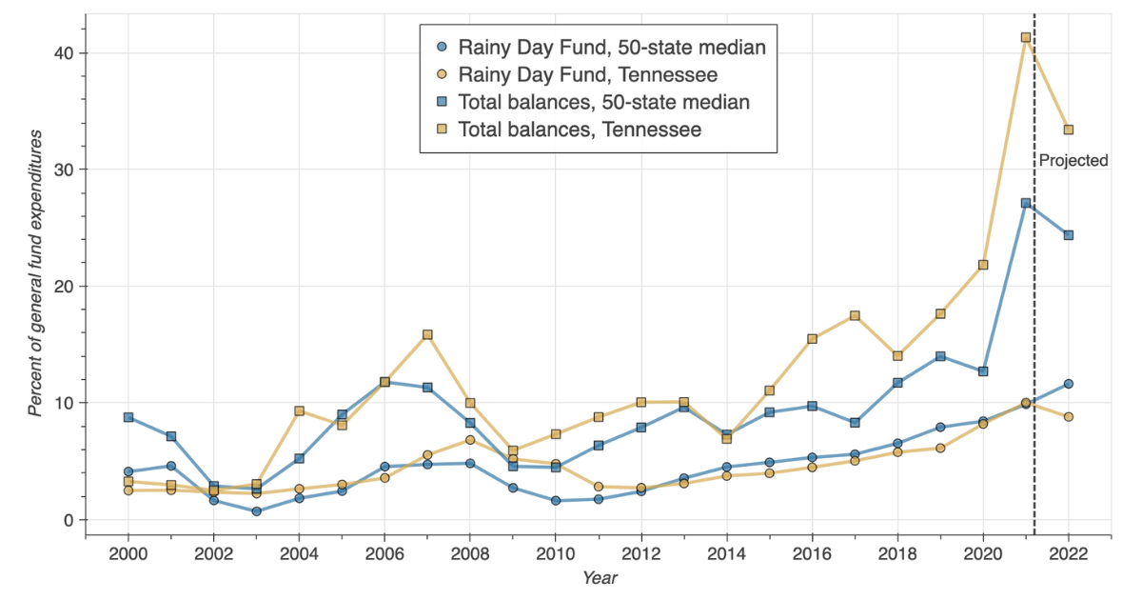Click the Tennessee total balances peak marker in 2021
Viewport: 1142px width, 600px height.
[1026, 38]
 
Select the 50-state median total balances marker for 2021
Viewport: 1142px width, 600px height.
[1026, 203]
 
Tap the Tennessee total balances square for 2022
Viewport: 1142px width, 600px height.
[1068, 130]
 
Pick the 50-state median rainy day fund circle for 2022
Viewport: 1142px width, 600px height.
[1068, 384]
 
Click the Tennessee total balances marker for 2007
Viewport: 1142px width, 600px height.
[427, 335]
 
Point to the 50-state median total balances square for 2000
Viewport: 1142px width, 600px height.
[128, 417]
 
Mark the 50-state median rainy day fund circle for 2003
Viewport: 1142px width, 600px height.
[257, 511]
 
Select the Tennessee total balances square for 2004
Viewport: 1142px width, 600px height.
[299, 411]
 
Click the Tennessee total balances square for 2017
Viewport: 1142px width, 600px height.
[855, 315]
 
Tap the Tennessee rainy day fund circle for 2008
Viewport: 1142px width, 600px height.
[470, 440]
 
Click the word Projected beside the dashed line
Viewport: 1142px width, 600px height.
[1073, 161]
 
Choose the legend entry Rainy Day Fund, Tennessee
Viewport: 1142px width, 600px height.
[587, 74]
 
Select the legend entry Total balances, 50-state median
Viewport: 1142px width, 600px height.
[603, 102]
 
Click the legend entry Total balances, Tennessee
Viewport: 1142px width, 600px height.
[579, 130]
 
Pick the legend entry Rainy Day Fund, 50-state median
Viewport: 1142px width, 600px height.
[612, 47]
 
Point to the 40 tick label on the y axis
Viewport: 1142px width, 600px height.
[62, 52]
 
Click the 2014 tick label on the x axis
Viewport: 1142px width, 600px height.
[726, 553]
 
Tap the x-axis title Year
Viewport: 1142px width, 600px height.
[600, 578]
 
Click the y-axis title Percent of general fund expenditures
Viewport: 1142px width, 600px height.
[35, 274]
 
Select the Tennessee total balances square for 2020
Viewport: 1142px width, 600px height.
[983, 265]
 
